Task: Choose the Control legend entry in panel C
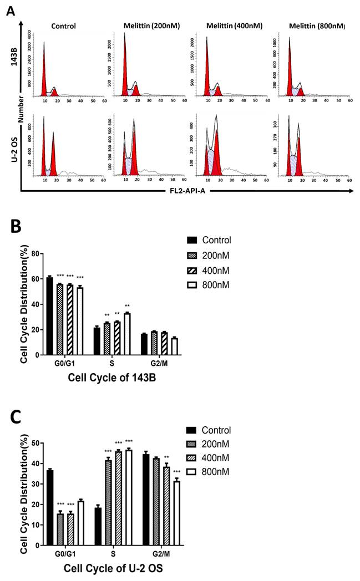[x=215, y=430]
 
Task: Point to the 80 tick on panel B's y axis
[x=38, y=253]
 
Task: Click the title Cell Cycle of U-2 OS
[x=113, y=569]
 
